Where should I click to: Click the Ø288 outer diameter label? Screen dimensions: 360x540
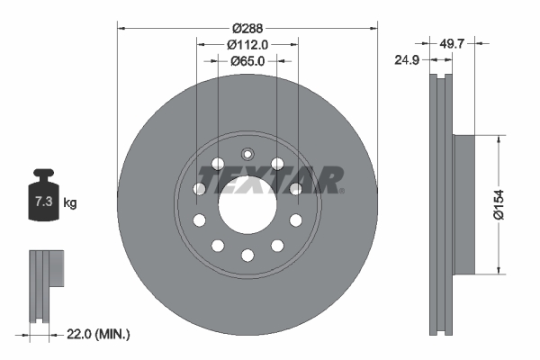pos(247,27)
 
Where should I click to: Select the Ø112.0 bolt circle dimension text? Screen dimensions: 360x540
pos(247,44)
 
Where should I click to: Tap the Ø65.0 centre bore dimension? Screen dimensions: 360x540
pos(247,61)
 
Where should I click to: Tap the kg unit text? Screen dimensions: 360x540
pos(70,203)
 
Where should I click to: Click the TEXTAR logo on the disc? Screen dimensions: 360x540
pos(271,180)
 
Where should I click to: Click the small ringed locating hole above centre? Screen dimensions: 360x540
pos(247,152)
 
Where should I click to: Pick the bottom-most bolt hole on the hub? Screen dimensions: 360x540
pos(247,256)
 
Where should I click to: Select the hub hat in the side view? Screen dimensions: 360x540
pos(460,205)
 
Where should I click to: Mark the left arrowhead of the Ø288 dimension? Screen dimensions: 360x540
pos(121,27)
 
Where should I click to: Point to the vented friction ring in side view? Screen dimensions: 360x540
pos(441,205)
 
